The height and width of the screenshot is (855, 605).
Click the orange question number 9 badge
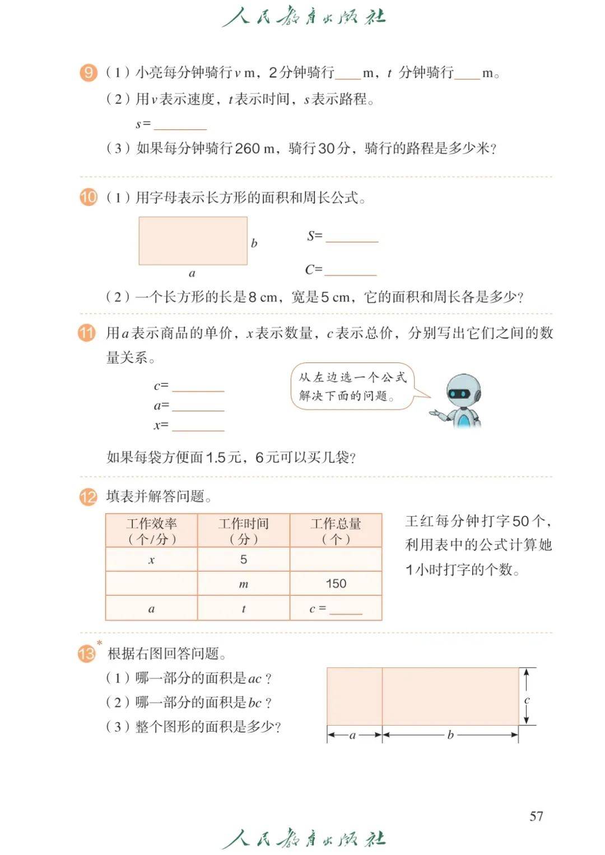pos(88,73)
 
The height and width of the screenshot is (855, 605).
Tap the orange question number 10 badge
pos(88,197)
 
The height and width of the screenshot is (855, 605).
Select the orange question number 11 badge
pos(87,333)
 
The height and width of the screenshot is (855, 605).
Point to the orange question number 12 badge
pos(88,496)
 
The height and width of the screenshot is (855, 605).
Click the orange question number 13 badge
pos(87,653)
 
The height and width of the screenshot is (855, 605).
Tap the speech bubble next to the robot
pos(352,386)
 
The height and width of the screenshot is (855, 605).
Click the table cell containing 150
pos(336,584)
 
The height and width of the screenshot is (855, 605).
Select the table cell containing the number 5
pos(243,559)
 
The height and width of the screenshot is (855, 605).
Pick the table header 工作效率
pos(151,531)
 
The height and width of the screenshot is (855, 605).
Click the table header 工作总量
pos(336,531)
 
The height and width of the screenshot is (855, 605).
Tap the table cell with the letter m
pos(243,584)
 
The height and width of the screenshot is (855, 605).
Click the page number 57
pos(536,816)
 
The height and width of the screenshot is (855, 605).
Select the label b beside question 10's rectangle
pos(254,243)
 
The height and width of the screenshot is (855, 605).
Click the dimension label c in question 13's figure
pos(527,700)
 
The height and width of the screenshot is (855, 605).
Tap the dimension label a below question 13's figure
pos(352,735)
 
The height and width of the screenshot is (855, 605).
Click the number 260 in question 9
pos(247,148)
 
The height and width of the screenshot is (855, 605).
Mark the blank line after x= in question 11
pos(198,427)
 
